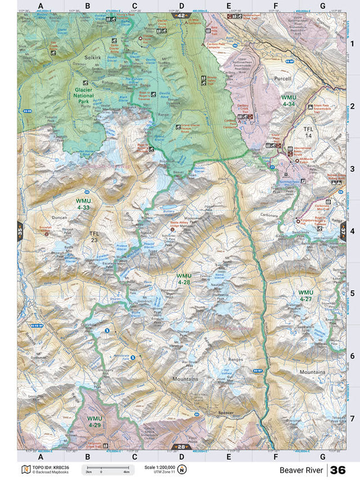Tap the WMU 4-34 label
[289, 100]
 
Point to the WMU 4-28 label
[184, 279]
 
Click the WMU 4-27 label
[305, 295]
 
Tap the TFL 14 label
[308, 132]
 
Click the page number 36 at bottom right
[338, 470]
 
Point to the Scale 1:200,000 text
[160, 467]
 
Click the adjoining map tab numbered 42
[180, 16]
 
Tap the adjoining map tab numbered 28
[180, 447]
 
